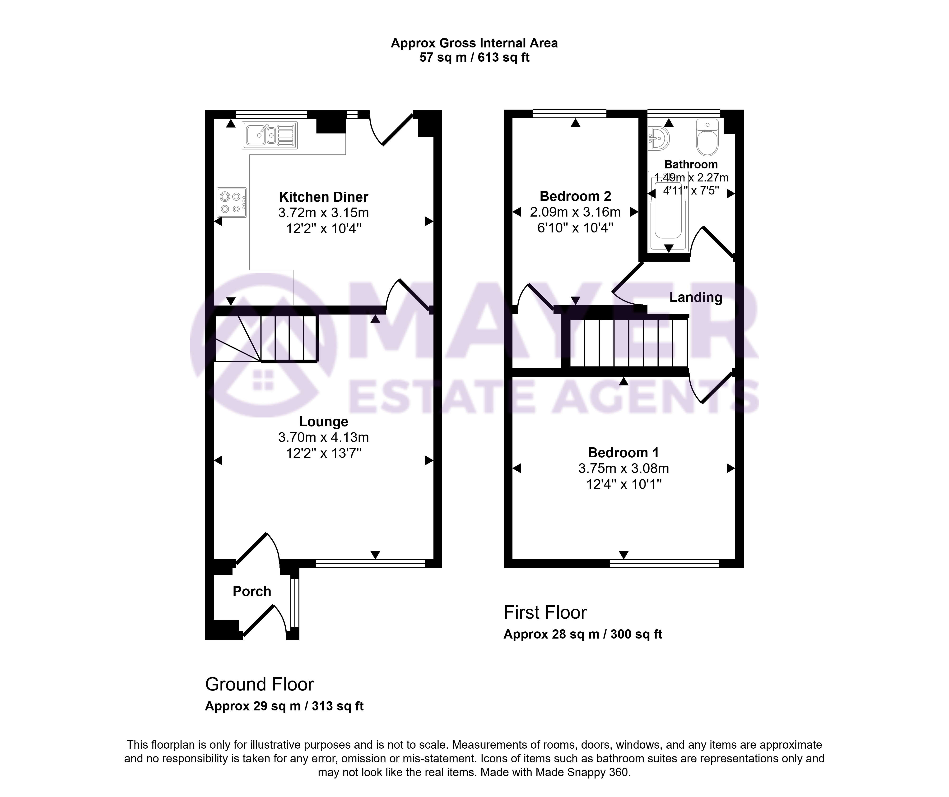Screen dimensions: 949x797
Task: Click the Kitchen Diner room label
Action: (324, 197)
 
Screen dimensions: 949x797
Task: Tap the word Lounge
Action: (324, 422)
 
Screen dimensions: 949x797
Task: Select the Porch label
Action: (252, 591)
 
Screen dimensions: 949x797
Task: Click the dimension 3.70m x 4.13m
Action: (324, 437)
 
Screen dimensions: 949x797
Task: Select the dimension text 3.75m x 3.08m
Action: (624, 468)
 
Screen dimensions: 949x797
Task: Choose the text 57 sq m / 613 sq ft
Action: (474, 57)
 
